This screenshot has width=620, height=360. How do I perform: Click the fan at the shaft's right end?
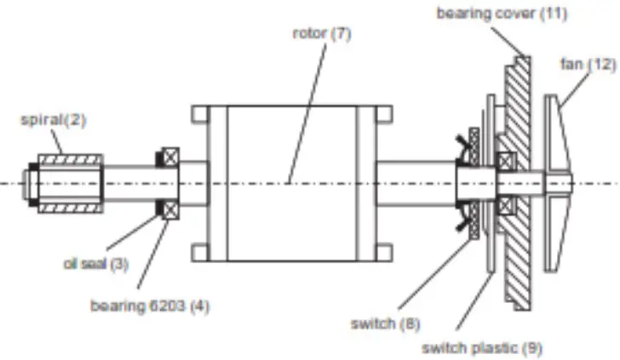(x=559, y=183)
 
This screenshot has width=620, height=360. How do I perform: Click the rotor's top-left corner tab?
(x=200, y=113)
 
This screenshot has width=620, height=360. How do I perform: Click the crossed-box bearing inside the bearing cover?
(x=506, y=161)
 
